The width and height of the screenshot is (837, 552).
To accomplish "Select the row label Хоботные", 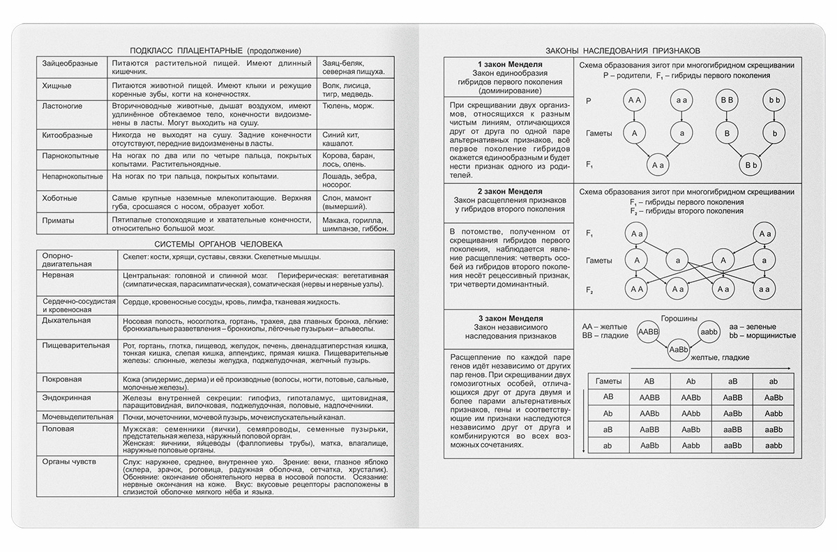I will pos(59,198).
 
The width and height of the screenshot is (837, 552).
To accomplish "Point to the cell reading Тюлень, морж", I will pos(345,106).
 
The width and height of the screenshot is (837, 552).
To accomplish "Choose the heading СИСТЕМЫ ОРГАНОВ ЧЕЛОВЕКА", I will pos(218,244).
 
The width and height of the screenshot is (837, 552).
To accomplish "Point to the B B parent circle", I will pos(726,101).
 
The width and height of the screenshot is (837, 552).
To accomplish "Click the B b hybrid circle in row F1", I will pos(751,164).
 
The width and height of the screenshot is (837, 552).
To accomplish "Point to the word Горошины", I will pos(679,317).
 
